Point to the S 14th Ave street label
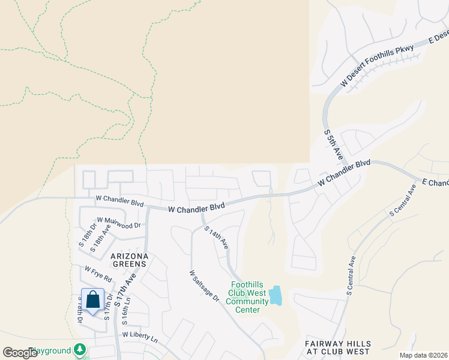(216, 238)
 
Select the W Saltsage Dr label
(204, 286)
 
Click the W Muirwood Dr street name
(118, 223)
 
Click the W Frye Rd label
(98, 275)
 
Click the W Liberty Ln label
(139, 337)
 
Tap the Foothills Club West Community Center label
(247, 298)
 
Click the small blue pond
(275, 295)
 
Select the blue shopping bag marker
(93, 299)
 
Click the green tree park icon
(80, 350)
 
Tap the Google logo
(20, 352)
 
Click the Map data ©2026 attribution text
(423, 355)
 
